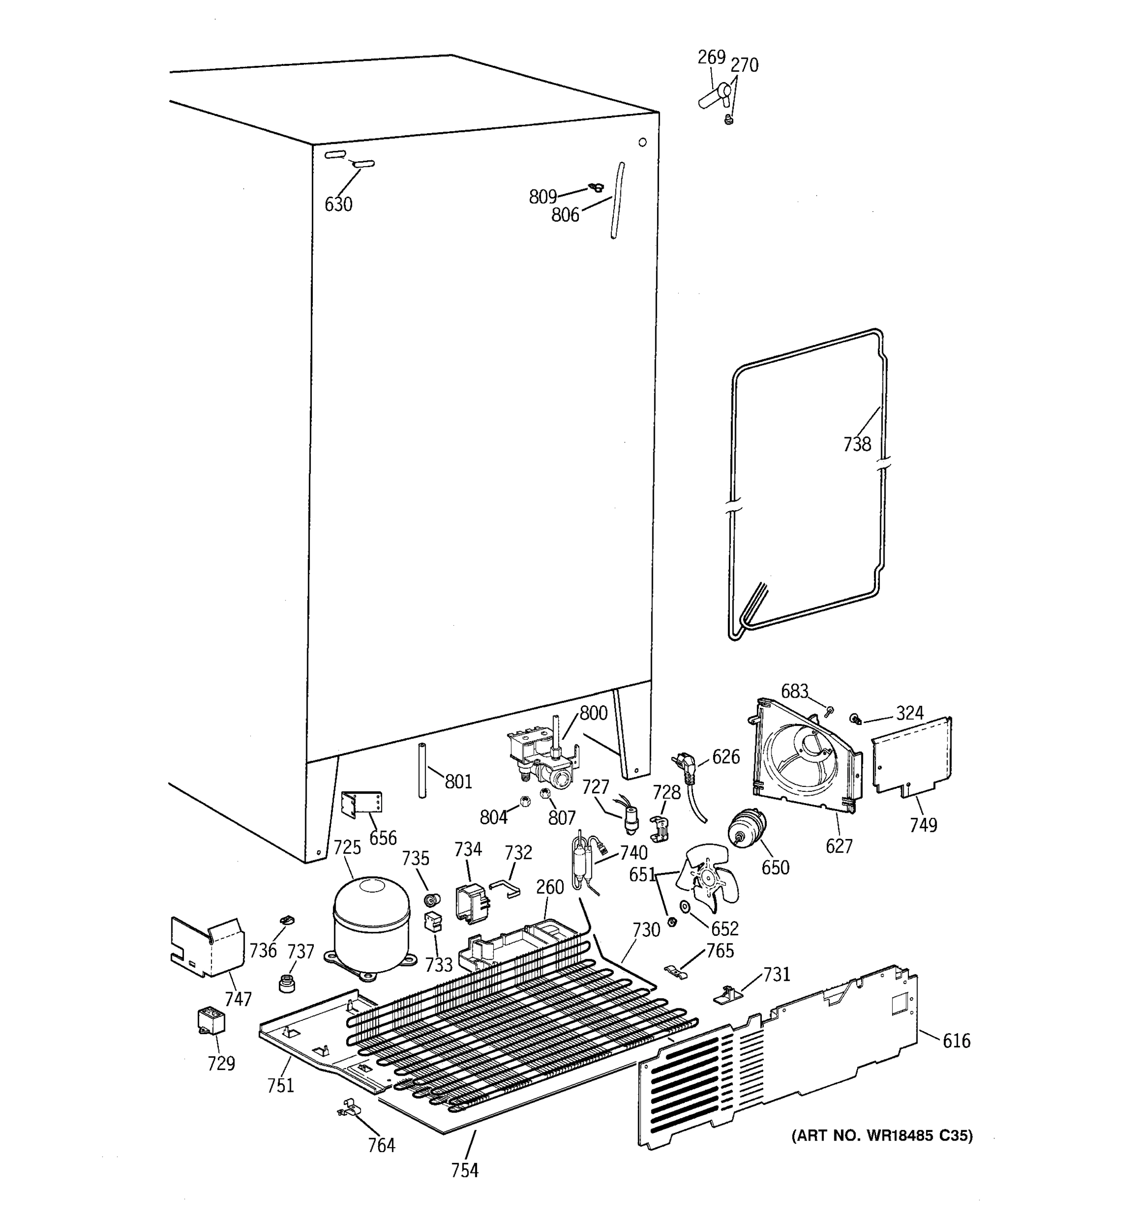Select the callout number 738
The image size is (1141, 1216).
click(x=857, y=444)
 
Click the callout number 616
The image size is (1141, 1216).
click(x=956, y=1041)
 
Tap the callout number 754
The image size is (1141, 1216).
click(x=464, y=1170)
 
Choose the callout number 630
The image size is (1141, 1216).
click(x=338, y=204)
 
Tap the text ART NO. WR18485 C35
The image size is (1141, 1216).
click(x=881, y=1136)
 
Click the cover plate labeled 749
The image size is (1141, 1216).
click(x=911, y=755)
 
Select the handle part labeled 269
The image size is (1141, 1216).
click(x=713, y=97)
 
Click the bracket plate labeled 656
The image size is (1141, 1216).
click(x=361, y=803)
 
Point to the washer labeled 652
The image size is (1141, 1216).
click(x=685, y=906)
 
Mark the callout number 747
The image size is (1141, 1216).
click(x=238, y=999)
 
